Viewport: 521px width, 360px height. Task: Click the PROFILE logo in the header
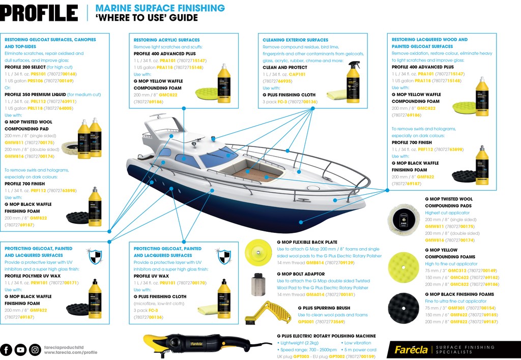(39, 13)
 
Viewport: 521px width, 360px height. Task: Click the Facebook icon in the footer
(7, 350)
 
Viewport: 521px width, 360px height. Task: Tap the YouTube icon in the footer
(20, 350)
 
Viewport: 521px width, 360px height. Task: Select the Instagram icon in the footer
(35, 350)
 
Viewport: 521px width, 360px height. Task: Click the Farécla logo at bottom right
(410, 350)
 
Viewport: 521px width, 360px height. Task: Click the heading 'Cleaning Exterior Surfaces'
(295, 40)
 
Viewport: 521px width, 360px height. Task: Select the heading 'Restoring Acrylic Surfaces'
(166, 40)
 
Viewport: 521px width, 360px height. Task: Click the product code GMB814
(315, 263)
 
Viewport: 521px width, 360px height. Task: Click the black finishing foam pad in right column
(403, 307)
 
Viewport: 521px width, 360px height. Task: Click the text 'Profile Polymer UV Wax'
(34, 276)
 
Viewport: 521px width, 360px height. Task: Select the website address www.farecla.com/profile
(70, 352)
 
